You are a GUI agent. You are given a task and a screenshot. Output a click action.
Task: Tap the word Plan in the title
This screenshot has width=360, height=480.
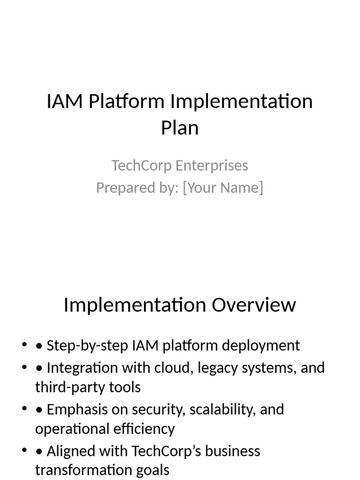pos(180,128)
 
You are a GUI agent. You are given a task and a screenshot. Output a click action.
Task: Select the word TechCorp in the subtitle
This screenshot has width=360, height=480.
pos(142,165)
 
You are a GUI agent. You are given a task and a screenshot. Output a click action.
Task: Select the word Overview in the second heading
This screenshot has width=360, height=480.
pos(254,305)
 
